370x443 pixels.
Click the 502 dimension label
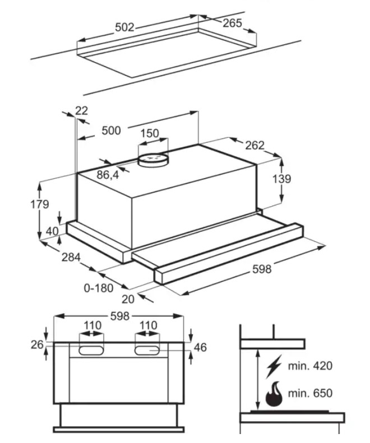coord(124,27)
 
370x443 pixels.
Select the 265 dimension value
coord(232,23)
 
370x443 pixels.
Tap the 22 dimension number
coord(81,110)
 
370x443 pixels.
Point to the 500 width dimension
coord(111,130)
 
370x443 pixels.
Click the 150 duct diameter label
coord(150,133)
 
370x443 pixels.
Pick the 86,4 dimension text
coord(108,175)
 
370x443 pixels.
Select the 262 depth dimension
coord(255,145)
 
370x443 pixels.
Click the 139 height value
coord(281,179)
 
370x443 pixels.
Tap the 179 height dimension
coord(40,204)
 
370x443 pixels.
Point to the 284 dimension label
coord(71,257)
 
